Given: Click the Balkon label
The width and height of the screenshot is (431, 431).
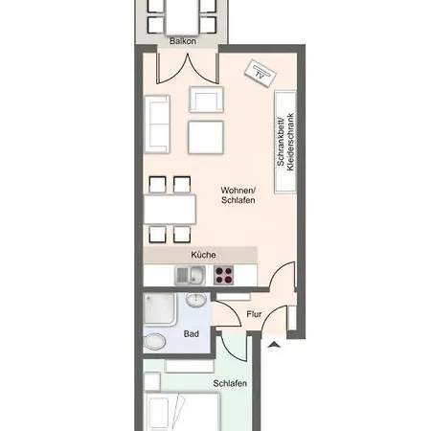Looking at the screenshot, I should tap(183, 42).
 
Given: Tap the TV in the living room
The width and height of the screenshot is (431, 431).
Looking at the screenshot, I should tap(260, 71).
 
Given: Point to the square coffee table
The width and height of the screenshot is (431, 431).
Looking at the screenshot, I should tap(206, 137).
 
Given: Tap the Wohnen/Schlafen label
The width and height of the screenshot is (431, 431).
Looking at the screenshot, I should tap(237, 194).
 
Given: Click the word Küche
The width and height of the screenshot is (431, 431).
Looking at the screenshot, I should tap(202, 255).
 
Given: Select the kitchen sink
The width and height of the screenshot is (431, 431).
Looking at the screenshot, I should tap(189, 276).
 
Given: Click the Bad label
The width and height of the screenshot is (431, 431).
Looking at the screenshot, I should tap(192, 334).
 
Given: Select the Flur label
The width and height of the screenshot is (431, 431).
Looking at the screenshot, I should tap(254, 314).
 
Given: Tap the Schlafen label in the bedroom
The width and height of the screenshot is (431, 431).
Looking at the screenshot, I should tap(231, 383).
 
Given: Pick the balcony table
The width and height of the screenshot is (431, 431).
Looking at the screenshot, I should tap(184, 14).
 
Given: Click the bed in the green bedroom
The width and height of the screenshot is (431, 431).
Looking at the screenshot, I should tap(182, 407).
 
